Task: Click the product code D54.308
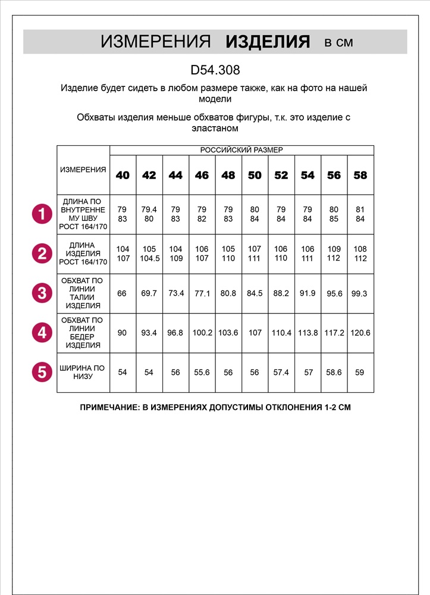coord(215,70)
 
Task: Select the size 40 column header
coord(123,176)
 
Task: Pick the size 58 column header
coord(360,176)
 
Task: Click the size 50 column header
coord(255,176)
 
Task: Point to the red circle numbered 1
coord(42,214)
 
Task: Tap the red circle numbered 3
coord(42,293)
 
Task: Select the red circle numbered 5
coord(42,372)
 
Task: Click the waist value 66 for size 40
coord(122,293)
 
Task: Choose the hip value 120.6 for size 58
coord(360,333)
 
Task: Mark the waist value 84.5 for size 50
coord(255,293)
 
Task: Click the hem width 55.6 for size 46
coord(202,372)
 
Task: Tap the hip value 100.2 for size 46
coord(202,333)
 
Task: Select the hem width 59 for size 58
coord(360,372)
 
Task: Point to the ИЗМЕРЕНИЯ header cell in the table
coord(83,170)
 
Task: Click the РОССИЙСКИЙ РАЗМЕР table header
coord(241,150)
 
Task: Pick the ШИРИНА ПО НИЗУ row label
coord(83,372)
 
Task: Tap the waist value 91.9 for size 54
coord(307,293)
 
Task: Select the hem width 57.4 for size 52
coord(281,372)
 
